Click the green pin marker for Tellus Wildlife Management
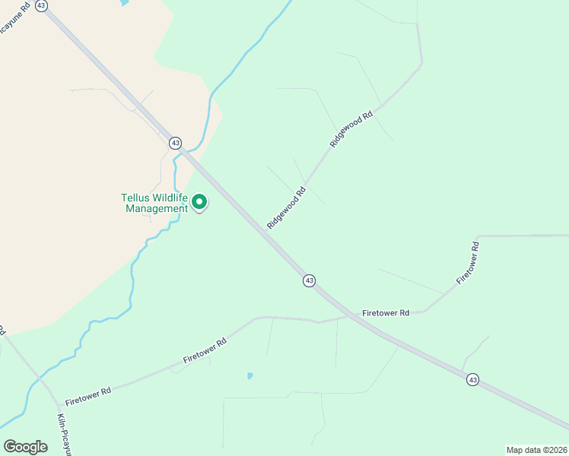199,202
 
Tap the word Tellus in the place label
135,198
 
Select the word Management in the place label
156,209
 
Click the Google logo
26,446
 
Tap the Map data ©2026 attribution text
536,449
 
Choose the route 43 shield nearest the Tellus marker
175,143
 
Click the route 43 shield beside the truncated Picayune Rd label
42,5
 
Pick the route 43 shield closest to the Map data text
473,379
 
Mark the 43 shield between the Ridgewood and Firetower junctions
309,280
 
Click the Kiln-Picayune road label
63,433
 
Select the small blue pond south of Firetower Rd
250,375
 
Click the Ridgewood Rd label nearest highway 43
286,207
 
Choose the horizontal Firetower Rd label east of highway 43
386,312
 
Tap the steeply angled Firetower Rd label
469,263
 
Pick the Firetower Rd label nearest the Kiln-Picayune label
88,395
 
